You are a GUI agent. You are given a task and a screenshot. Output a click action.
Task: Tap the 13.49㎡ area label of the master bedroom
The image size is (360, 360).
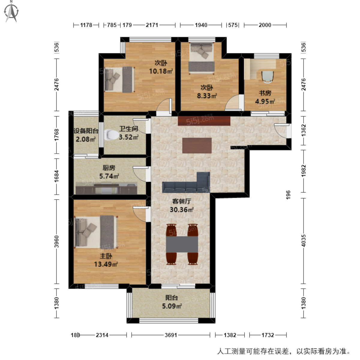pyautogui.click(x=106, y=264)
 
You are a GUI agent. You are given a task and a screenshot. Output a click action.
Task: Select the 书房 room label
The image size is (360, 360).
pyautogui.click(x=265, y=93)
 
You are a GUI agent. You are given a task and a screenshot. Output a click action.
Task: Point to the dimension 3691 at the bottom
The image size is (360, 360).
pyautogui.click(x=171, y=335)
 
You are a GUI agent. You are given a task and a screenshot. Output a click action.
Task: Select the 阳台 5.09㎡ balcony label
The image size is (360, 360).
pyautogui.click(x=172, y=302)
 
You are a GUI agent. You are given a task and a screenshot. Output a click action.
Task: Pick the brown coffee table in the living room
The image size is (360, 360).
pyautogui.click(x=197, y=145)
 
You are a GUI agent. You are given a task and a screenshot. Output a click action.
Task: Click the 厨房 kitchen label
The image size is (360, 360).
pyautogui.click(x=109, y=168)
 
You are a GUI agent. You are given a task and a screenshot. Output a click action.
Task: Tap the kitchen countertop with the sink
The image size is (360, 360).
pyautogui.click(x=106, y=189)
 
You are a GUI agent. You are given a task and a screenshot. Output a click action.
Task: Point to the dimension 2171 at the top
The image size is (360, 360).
pyautogui.click(x=152, y=25)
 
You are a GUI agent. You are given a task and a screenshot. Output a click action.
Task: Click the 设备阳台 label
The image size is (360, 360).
pyautogui.click(x=86, y=131)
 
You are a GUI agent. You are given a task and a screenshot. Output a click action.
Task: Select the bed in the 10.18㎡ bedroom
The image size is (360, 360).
pyautogui.click(x=119, y=79)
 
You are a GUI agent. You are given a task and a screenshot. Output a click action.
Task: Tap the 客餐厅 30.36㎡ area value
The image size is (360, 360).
pyautogui.click(x=181, y=210)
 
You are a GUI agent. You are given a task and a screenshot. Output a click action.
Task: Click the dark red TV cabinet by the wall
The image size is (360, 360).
pyautogui.click(x=204, y=121)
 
